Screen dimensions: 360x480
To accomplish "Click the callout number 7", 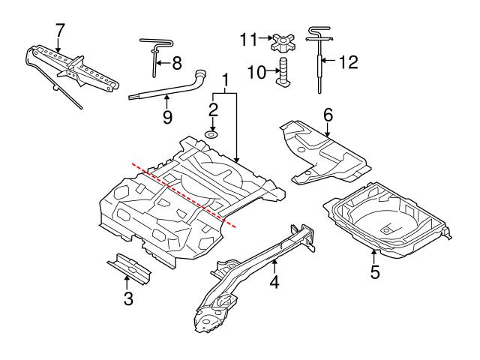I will point(60,29).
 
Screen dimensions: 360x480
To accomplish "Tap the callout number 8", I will point(176,64).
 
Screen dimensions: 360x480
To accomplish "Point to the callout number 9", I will point(167,116).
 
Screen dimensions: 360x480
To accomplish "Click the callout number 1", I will point(224,79).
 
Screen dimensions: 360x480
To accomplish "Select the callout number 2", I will point(212,109).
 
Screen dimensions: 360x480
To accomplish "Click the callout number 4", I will point(276,283).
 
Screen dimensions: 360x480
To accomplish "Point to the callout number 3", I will point(127,300).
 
